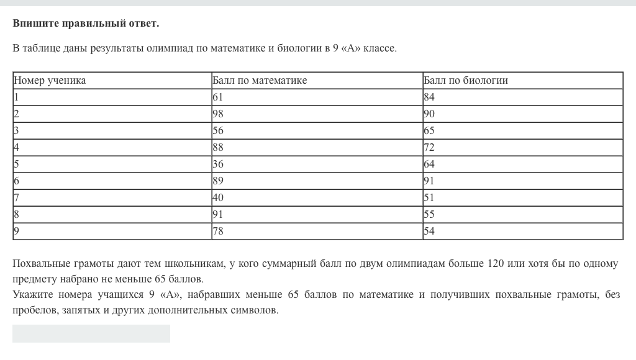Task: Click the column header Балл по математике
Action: pos(260,81)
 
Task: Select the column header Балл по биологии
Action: pos(466,81)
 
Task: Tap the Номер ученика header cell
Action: pos(50,81)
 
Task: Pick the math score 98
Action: pos(218,114)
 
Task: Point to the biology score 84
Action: pos(429,97)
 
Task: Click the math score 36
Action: pos(218,164)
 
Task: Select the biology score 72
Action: pos(429,148)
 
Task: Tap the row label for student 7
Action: pos(17,198)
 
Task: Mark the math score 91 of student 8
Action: pos(218,215)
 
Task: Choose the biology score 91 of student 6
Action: pos(429,181)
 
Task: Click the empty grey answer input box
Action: pos(91,333)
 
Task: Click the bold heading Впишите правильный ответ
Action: pos(86,24)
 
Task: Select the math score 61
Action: pos(218,97)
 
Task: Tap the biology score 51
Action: pos(429,198)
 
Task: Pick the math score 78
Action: pos(218,232)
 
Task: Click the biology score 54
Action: pos(429,232)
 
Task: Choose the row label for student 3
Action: pos(17,131)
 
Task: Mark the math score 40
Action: pos(218,198)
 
